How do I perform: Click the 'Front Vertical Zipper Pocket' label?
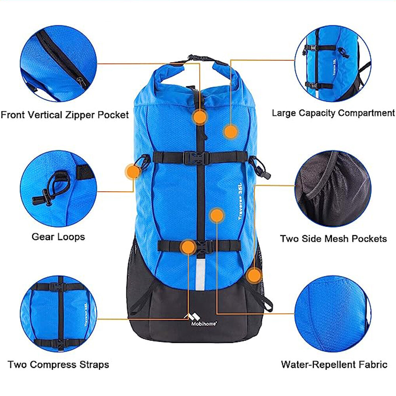(65, 115)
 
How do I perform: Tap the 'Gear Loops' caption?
(58, 237)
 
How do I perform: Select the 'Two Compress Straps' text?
(58, 365)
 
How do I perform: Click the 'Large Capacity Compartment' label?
(333, 113)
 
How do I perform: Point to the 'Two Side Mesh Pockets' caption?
(333, 239)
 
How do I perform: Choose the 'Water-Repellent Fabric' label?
(334, 365)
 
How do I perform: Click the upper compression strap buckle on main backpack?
(196, 158)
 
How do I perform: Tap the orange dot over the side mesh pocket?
(254, 276)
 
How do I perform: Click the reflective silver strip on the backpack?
(200, 274)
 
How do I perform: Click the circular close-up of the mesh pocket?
(333, 188)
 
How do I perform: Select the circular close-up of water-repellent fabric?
(333, 314)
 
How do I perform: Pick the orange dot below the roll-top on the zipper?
(200, 117)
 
